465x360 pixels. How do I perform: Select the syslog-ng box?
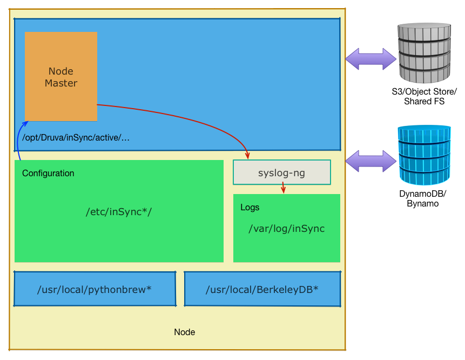[x=281, y=172]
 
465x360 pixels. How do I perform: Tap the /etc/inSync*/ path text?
[x=119, y=211]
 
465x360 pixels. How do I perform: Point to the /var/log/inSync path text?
[x=286, y=229]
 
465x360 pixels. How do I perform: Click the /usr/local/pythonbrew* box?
[x=95, y=289]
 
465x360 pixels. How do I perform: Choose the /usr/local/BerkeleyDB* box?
[x=262, y=289]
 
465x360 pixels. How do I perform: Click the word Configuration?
[x=48, y=174]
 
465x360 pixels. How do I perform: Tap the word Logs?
[x=250, y=208]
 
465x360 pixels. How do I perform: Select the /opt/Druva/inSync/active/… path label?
[x=76, y=138]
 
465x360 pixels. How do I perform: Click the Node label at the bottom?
[x=184, y=332]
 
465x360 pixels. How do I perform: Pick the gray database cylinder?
[x=424, y=52]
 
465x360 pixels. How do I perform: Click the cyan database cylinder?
[x=424, y=155]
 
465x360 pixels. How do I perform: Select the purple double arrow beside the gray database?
[x=371, y=59]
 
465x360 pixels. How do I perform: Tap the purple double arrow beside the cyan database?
[x=371, y=161]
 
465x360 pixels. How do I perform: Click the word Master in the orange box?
[x=61, y=83]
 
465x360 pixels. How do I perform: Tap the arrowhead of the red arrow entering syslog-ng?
[x=247, y=156]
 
